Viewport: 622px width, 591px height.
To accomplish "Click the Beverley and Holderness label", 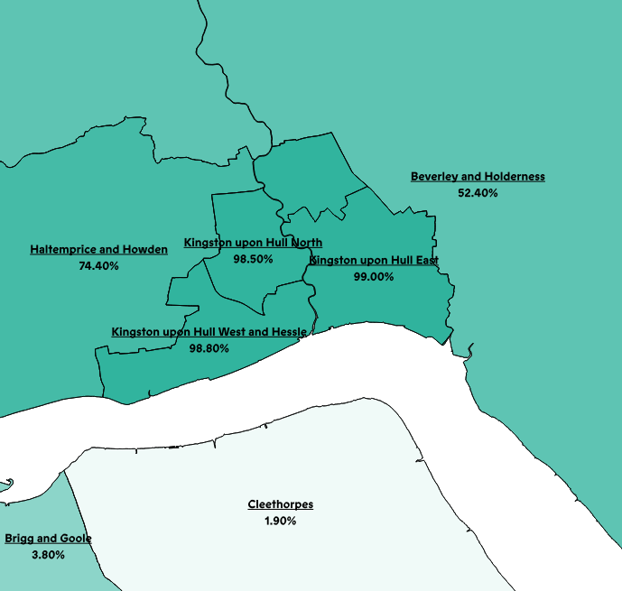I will coord(478,177).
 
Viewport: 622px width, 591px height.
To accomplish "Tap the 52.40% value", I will coord(478,193).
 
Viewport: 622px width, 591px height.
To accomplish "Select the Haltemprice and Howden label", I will coord(98,250).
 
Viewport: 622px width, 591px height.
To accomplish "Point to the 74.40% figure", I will coord(98,266).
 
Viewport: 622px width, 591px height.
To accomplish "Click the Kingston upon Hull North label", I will coord(253,243).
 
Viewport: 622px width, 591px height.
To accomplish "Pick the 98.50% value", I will coord(253,259).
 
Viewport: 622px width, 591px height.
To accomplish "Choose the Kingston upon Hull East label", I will coord(374,261).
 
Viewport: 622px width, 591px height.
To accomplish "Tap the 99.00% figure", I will coord(374,277).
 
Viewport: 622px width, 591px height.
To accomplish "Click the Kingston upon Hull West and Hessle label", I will coord(209,332).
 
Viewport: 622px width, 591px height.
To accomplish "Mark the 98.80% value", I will coord(209,348).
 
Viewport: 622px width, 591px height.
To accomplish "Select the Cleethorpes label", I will coord(281,504).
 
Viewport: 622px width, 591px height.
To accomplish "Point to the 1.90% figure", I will coord(281,521).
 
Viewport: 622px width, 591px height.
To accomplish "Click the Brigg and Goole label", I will coord(48,539).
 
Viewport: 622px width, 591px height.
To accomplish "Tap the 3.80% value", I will coord(48,555).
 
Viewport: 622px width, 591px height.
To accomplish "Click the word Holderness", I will coord(515,177).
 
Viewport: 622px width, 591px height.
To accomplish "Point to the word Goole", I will coord(75,539).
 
